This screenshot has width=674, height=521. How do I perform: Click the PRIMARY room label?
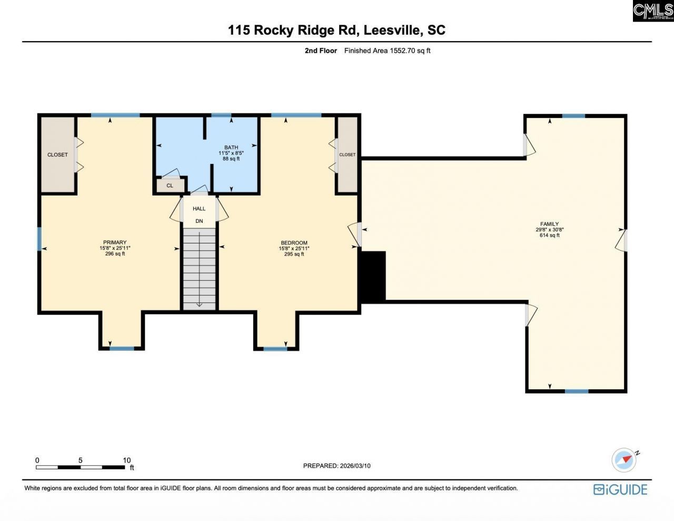click(115, 243)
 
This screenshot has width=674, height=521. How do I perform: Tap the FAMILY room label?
click(549, 224)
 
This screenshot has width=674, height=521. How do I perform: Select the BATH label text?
click(231, 148)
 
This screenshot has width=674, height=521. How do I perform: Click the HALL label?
click(199, 209)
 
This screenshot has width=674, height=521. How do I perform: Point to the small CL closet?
click(170, 185)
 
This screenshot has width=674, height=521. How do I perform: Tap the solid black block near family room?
click(372, 277)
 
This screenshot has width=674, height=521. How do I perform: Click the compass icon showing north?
click(625, 460)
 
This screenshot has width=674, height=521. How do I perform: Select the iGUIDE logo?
click(620, 489)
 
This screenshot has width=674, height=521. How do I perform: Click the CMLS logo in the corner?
click(653, 11)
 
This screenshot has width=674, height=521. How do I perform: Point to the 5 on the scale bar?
click(81, 460)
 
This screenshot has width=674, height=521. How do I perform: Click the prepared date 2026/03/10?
click(355, 466)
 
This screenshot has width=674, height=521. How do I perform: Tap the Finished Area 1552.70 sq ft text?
click(387, 51)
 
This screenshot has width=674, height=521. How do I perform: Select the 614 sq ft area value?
click(549, 235)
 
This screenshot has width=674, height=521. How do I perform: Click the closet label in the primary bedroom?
click(57, 155)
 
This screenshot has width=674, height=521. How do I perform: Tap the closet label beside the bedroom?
click(347, 155)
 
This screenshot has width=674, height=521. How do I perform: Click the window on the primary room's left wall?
click(39, 239)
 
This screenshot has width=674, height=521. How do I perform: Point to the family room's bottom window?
click(577, 391)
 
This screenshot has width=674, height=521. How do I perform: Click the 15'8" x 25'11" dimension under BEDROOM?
click(294, 249)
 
